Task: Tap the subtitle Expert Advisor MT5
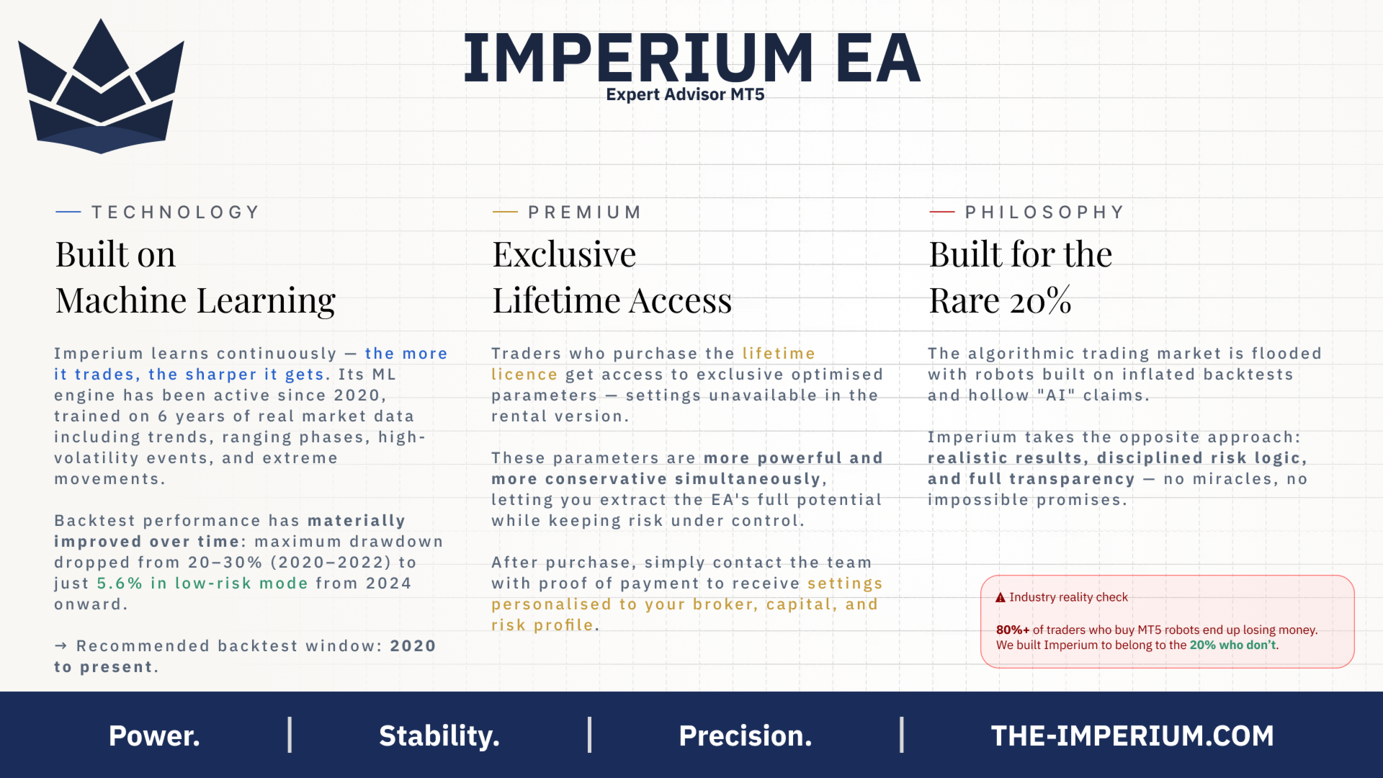point(685,94)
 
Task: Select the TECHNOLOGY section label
point(175,213)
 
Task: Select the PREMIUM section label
point(584,213)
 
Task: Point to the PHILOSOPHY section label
point(1044,213)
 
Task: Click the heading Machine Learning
point(195,300)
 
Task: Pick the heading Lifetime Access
point(612,300)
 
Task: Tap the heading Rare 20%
point(1000,300)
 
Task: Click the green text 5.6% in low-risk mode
point(202,583)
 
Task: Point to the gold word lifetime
point(779,353)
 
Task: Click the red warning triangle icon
point(1001,597)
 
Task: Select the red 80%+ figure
point(1013,630)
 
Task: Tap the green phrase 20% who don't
point(1232,645)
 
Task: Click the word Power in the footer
point(154,735)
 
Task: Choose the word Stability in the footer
point(439,735)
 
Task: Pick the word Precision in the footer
point(746,735)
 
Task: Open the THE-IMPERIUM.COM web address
point(1132,735)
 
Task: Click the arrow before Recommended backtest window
point(61,645)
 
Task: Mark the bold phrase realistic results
point(1005,457)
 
